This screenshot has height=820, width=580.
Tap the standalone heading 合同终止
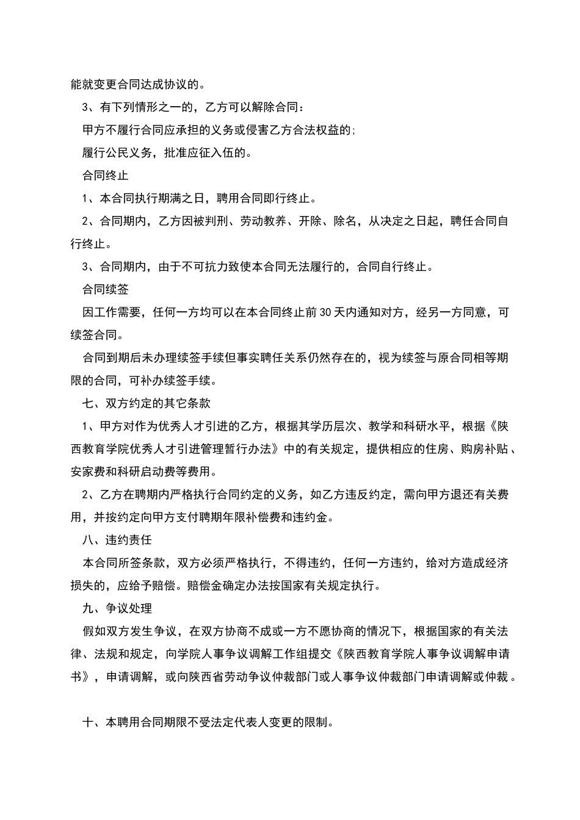point(105,176)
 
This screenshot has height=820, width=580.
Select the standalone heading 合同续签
point(105,289)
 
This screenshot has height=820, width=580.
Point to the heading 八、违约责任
point(117,540)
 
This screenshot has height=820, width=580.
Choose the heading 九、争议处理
point(117,608)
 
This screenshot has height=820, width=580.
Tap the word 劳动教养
point(264,221)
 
